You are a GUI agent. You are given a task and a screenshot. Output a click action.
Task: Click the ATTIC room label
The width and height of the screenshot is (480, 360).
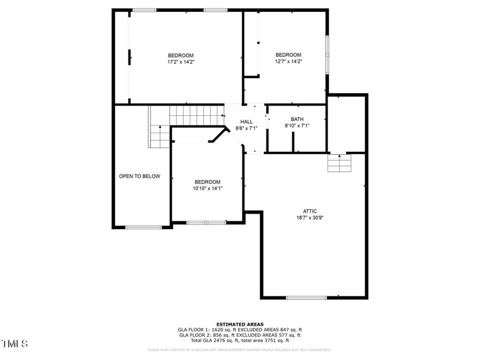pyautogui.click(x=310, y=211)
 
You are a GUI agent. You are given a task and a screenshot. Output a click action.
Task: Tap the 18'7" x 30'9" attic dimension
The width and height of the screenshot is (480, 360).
pyautogui.click(x=310, y=218)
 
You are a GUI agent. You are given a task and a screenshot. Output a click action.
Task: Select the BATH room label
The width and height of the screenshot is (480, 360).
pyautogui.click(x=297, y=119)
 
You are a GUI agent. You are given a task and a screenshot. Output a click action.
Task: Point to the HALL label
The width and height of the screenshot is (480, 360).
pyautogui.click(x=247, y=121)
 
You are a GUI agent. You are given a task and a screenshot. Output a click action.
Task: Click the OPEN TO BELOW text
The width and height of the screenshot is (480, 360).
pyautogui.click(x=140, y=176)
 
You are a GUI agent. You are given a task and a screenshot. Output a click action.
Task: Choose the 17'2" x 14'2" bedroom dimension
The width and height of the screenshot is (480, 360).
pyautogui.click(x=181, y=61)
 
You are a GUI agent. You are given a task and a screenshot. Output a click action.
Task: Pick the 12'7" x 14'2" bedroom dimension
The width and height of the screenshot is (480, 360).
pyautogui.click(x=288, y=61)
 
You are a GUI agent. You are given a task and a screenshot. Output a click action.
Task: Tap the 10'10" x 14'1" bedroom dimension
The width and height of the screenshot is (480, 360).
pyautogui.click(x=207, y=188)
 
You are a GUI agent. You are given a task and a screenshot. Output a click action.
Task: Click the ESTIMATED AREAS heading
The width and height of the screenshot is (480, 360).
pyautogui.click(x=240, y=324)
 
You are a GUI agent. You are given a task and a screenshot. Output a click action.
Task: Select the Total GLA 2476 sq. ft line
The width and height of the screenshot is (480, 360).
pyautogui.click(x=240, y=340)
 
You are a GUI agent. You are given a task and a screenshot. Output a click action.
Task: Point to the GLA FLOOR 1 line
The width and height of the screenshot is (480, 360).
pyautogui.click(x=240, y=329)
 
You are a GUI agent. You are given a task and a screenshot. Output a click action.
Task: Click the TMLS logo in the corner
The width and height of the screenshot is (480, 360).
pyautogui.click(x=14, y=344)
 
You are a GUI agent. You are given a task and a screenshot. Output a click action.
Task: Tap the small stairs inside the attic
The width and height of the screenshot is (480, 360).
pyautogui.click(x=338, y=163)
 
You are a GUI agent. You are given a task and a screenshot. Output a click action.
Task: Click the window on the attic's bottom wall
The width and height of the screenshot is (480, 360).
pyautogui.click(x=306, y=297)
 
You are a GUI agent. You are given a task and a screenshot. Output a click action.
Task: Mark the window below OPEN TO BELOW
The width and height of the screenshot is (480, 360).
pyautogui.click(x=143, y=227)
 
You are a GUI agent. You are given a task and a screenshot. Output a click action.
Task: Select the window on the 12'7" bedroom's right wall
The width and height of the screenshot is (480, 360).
pyautogui.click(x=327, y=55)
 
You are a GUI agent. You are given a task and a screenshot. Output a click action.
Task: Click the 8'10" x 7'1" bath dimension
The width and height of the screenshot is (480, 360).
pyautogui.click(x=297, y=126)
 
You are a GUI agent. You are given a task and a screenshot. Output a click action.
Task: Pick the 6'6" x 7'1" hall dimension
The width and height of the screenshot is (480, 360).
pyautogui.click(x=247, y=128)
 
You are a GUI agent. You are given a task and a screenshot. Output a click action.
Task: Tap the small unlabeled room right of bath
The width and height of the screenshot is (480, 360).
pyautogui.click(x=346, y=123)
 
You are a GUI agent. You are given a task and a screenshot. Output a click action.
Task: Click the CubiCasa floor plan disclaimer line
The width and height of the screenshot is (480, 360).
pyautogui.click(x=240, y=350)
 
